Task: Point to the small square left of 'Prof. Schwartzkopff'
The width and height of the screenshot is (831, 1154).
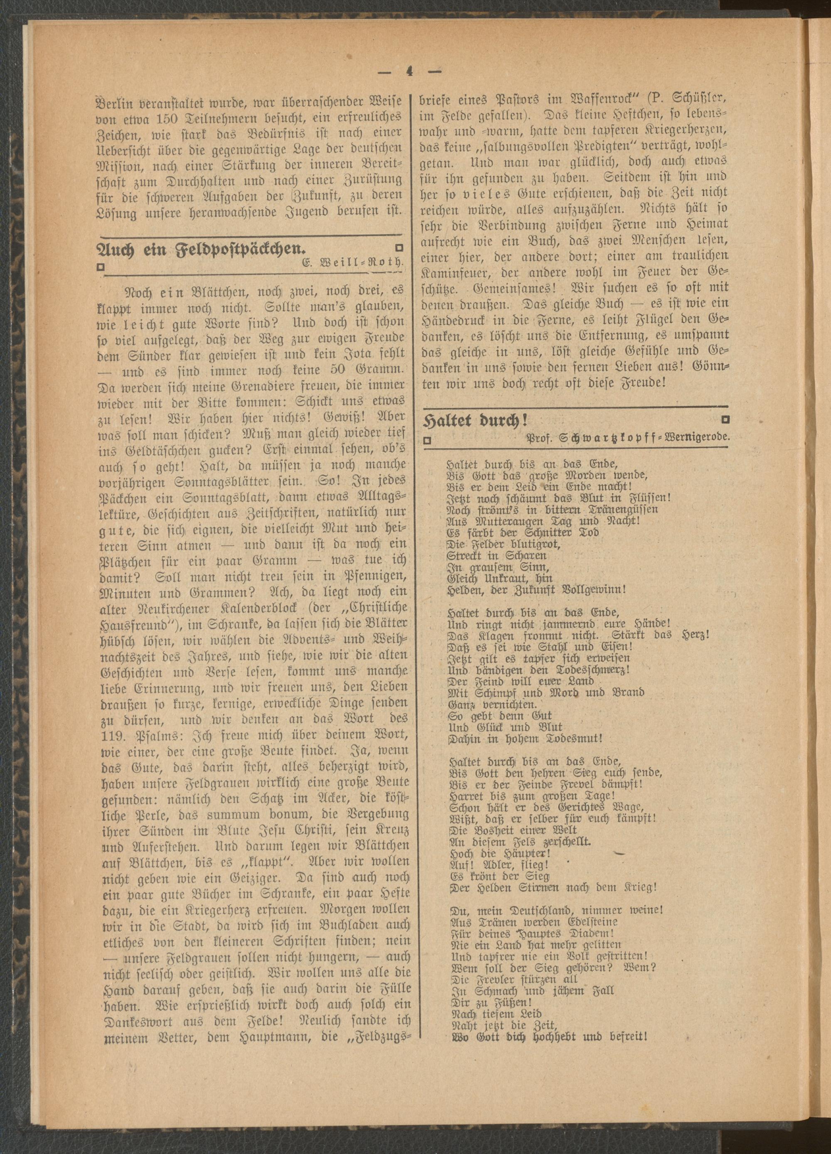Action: click(428, 440)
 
